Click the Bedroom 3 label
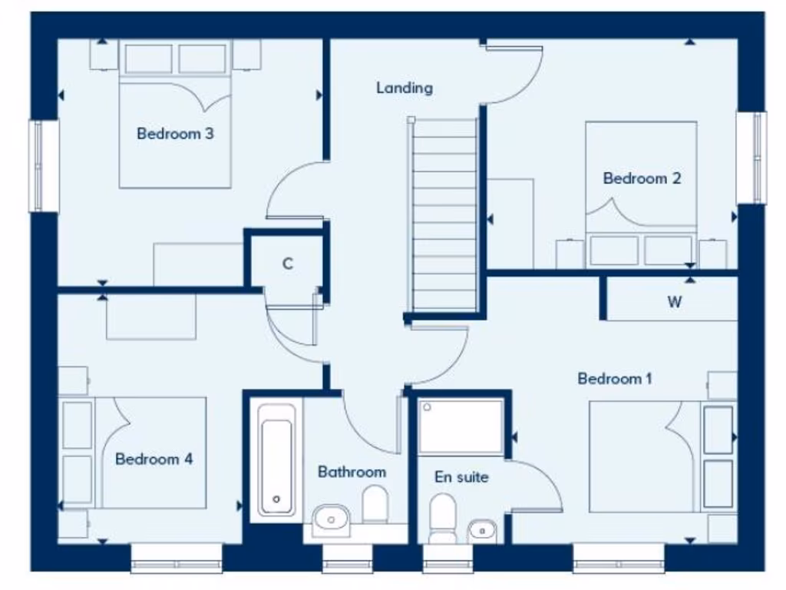[175, 134]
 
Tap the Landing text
[404, 88]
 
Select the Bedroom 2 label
[642, 178]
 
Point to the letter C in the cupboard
[288, 264]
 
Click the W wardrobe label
[674, 302]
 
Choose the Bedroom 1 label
[615, 379]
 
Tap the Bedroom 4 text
[154, 459]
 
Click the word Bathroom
[352, 472]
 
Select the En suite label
[461, 477]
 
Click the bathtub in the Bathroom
[276, 459]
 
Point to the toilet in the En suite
[442, 517]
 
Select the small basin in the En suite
[481, 529]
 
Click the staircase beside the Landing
[444, 215]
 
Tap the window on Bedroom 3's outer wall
[44, 165]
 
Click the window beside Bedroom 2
[751, 157]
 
